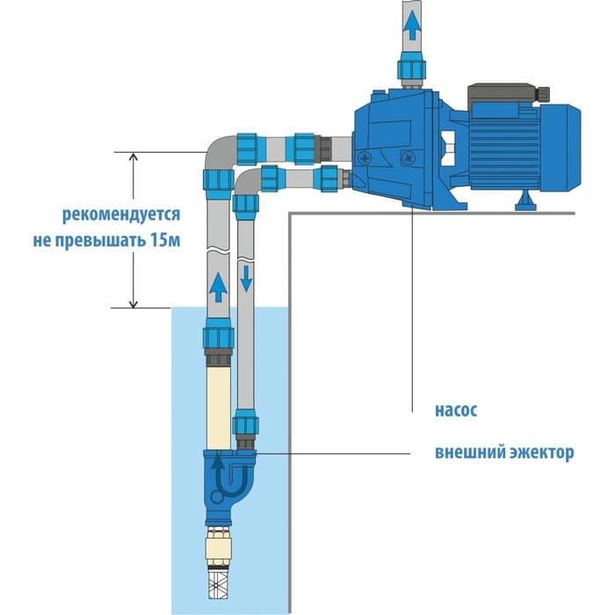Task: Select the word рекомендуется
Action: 121,213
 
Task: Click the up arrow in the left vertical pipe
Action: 216,284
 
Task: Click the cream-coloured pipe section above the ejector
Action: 217,404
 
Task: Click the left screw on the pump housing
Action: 364,158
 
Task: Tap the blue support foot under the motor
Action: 525,203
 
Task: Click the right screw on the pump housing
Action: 407,158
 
